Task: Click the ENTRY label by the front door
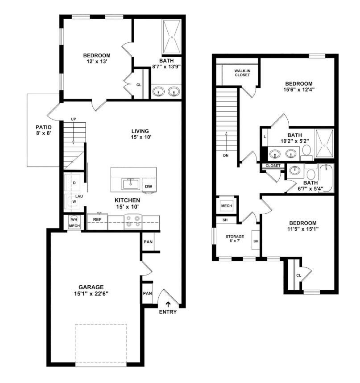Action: click(x=168, y=312)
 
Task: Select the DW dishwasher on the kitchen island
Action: click(x=149, y=185)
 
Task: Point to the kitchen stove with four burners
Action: click(x=133, y=222)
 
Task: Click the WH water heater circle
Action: click(x=74, y=219)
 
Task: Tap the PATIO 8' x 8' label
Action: click(x=43, y=130)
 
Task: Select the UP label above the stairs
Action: click(x=74, y=119)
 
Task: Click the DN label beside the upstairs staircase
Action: click(x=226, y=155)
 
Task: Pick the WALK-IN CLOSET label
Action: click(x=242, y=73)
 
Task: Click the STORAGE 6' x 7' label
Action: click(x=235, y=238)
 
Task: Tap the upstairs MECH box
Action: click(x=227, y=206)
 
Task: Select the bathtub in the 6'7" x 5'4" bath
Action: click(x=326, y=178)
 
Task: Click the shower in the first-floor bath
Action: click(x=172, y=37)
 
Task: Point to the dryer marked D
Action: click(x=72, y=183)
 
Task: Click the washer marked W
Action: click(x=72, y=201)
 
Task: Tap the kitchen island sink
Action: click(x=131, y=184)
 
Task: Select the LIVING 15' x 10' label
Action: click(x=141, y=134)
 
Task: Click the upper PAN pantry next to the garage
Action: click(x=148, y=241)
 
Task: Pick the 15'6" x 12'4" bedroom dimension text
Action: click(x=299, y=89)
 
